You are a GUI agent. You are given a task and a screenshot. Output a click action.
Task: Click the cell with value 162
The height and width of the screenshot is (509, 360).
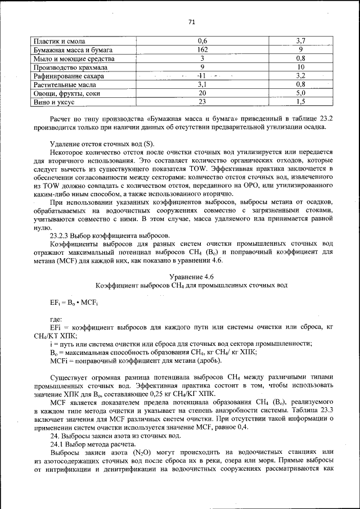tap(202, 50)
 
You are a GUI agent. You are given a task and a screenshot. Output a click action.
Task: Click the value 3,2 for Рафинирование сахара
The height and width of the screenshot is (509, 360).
tap(300, 75)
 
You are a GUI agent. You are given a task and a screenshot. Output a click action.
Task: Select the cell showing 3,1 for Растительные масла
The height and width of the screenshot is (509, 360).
tap(202, 84)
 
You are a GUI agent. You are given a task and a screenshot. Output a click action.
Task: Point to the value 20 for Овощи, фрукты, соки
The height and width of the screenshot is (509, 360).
tap(202, 92)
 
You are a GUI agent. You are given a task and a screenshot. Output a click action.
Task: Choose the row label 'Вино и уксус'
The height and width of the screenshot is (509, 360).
tap(55, 101)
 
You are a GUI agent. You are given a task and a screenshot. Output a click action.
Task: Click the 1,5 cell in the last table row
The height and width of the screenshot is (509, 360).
tap(300, 101)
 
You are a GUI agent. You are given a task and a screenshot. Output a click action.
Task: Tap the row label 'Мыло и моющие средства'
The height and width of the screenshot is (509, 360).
tap(74, 58)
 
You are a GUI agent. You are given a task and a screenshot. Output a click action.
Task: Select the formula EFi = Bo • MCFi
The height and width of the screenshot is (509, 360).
tap(74, 303)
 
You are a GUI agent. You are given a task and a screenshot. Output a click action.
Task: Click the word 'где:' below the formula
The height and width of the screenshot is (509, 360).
tap(56, 319)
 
